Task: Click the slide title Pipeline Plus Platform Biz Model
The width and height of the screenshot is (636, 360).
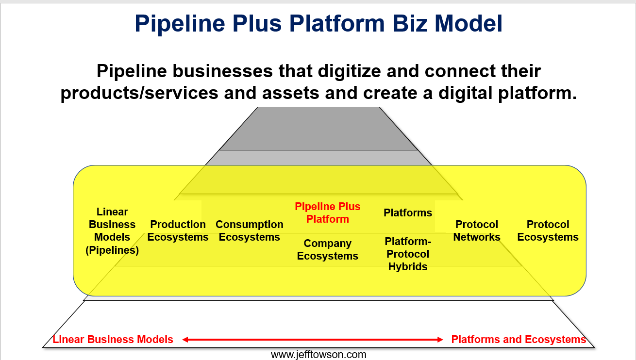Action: point(318,24)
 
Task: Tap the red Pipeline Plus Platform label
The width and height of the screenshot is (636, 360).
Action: point(327,213)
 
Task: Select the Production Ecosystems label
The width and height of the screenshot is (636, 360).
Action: point(178,230)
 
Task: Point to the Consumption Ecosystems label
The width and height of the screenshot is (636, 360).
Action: point(249,230)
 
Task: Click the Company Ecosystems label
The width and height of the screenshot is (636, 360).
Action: point(327,250)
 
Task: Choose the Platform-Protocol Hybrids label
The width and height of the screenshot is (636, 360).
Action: point(408,254)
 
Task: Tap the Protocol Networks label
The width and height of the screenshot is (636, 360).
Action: point(477,230)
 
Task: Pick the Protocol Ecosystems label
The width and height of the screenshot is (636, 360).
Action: point(548,230)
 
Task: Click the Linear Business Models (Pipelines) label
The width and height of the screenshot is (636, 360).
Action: point(112,231)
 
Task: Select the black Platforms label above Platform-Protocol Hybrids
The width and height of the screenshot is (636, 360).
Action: point(408,213)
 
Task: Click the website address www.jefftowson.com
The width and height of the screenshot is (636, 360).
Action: point(318,355)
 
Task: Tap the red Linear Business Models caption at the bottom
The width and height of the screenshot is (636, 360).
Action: point(113,339)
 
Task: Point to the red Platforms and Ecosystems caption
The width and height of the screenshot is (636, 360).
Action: point(519,339)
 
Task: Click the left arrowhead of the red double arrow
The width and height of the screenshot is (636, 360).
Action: point(185,340)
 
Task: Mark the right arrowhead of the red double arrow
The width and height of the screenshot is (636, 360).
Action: point(440,340)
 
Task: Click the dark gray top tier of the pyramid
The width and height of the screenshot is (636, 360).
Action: point(318,129)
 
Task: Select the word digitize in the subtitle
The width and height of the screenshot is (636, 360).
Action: point(349,71)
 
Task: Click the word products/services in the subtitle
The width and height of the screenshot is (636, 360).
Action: point(139,93)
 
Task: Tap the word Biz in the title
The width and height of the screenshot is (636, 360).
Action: point(410,24)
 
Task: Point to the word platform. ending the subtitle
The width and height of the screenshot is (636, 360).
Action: point(537,93)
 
